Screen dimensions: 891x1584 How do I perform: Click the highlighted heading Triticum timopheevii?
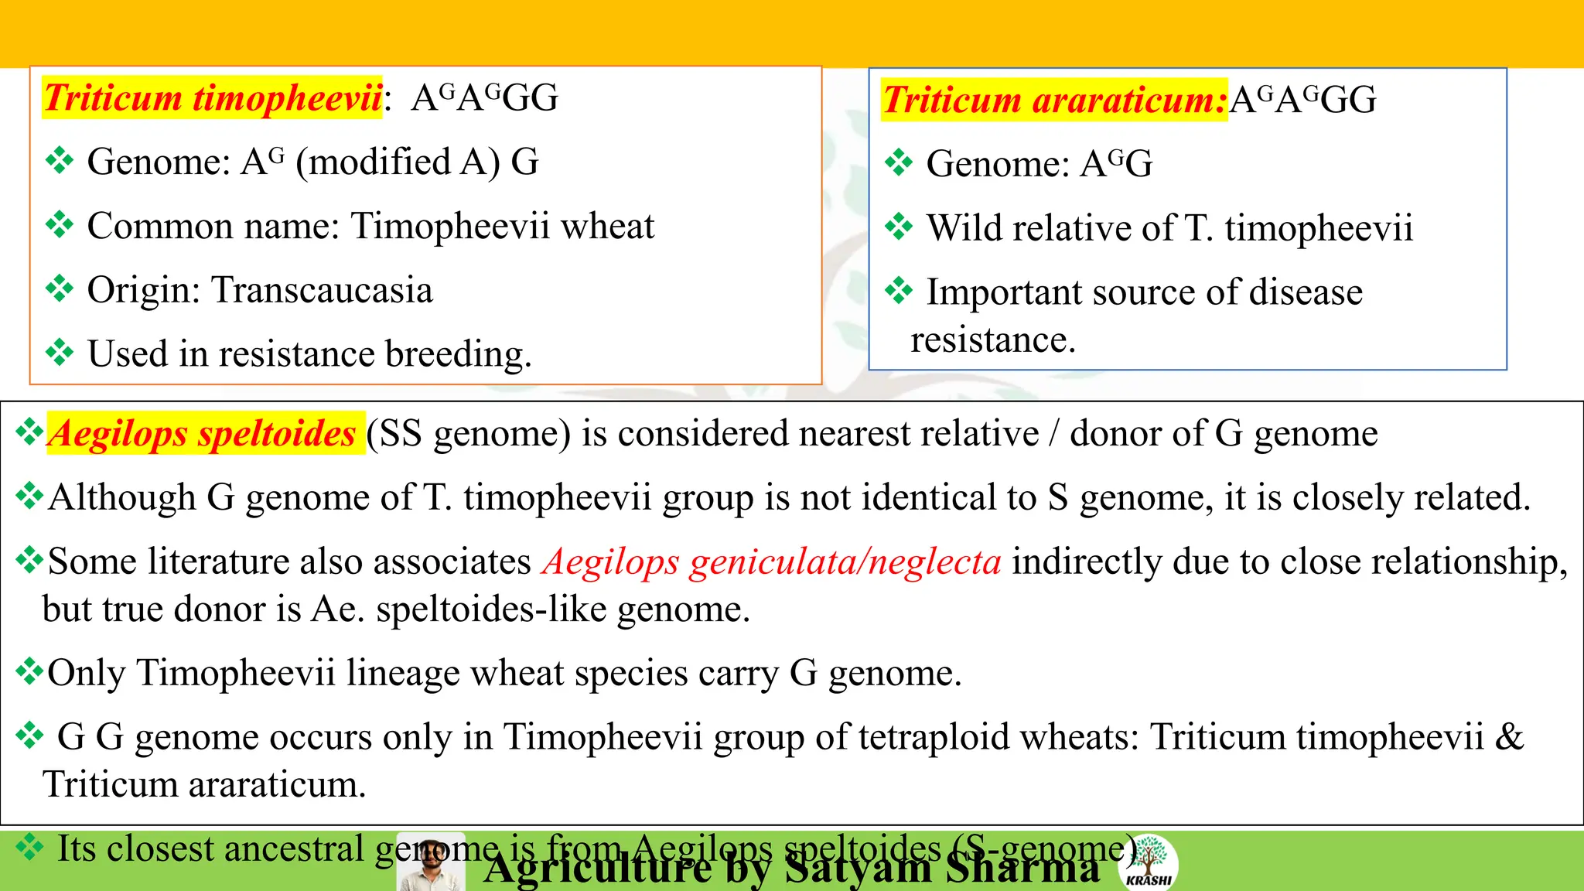pos(213,98)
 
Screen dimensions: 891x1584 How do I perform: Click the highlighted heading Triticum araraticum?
pos(1054,101)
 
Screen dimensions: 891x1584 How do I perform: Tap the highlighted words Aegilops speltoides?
pos(202,433)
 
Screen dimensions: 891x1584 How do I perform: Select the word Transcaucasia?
pos(322,291)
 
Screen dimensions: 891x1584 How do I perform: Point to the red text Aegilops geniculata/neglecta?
pos(772,562)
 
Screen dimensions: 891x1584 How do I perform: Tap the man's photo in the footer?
pos(431,863)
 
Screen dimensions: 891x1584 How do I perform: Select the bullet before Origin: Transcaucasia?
pos(60,290)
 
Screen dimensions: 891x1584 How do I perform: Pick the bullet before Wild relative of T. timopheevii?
pos(899,227)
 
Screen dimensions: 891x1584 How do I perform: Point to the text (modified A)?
pos(398,162)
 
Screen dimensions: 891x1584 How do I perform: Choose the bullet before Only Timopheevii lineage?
pos(29,671)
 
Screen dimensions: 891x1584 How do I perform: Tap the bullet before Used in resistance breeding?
pos(60,353)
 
